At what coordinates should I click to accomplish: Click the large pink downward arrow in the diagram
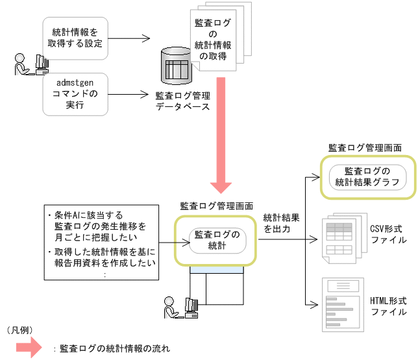point(221,136)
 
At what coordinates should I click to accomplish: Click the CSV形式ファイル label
point(388,234)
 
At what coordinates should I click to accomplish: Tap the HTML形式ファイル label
point(388,306)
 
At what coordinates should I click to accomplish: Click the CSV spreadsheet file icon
point(339,239)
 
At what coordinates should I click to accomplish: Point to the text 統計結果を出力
point(280,224)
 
